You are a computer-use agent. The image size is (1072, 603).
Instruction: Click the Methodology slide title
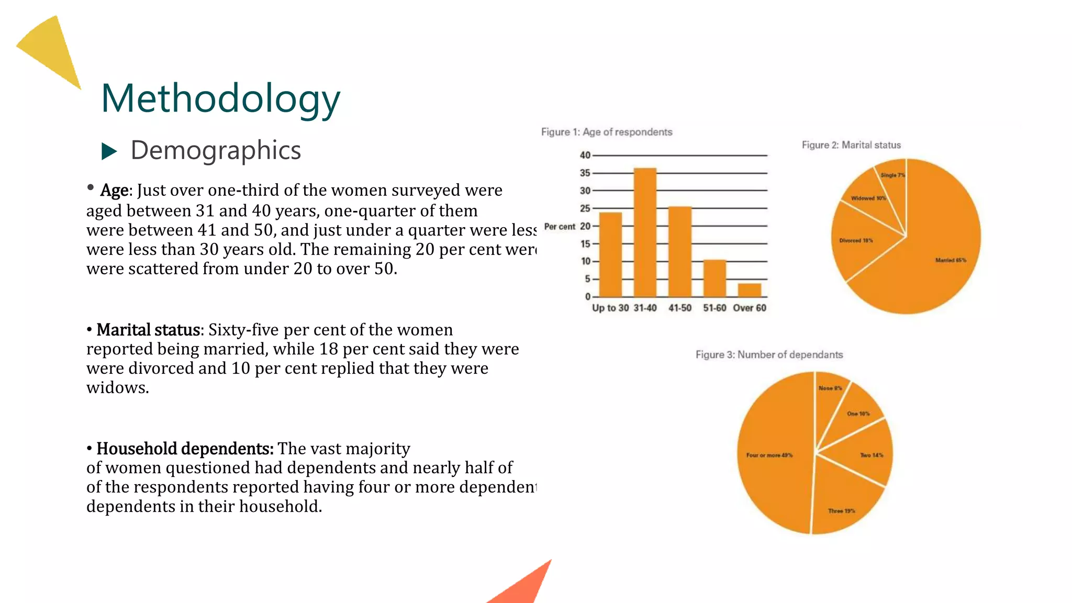click(220, 98)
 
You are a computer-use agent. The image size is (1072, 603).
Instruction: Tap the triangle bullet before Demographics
click(109, 151)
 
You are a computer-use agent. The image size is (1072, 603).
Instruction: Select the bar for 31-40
click(645, 232)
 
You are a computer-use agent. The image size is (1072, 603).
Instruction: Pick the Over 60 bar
click(750, 290)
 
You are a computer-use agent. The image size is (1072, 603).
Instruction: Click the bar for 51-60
click(714, 278)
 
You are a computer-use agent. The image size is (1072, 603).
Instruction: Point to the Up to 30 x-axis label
click(610, 308)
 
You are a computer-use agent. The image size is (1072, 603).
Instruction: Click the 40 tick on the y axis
click(585, 155)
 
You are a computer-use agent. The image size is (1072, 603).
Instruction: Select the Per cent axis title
click(560, 227)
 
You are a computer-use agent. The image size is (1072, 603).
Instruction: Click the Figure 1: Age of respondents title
click(607, 132)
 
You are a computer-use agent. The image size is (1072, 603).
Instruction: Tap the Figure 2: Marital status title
click(851, 145)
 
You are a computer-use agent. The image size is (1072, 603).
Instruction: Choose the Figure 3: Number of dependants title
click(769, 354)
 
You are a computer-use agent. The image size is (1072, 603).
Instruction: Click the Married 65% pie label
click(951, 260)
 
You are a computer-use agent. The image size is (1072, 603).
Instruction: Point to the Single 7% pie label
click(892, 175)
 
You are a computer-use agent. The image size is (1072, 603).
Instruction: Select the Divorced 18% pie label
click(856, 241)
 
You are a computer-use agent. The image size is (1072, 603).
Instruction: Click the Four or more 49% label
click(769, 455)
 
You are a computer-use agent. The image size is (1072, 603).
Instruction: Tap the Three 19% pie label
click(841, 511)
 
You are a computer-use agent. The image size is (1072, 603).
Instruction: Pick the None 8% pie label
click(830, 388)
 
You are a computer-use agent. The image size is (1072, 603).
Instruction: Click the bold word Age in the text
click(114, 191)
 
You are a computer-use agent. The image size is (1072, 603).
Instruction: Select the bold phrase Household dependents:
click(185, 449)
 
